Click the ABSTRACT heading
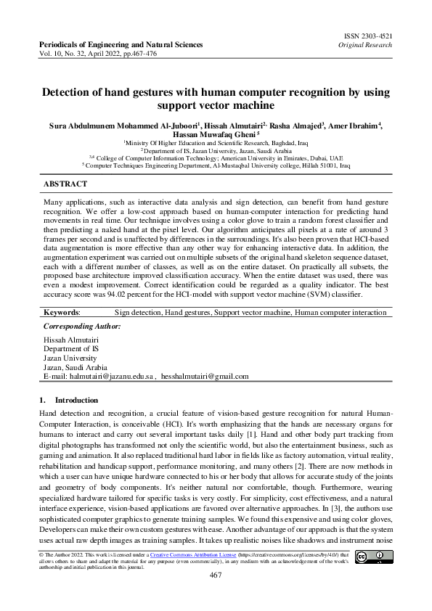click(65, 184)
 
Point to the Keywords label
click(62, 312)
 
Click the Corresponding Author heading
click(83, 327)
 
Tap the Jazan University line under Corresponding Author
click(70, 358)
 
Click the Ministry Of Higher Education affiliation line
click(216, 144)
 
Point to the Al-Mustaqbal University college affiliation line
click(216, 165)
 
